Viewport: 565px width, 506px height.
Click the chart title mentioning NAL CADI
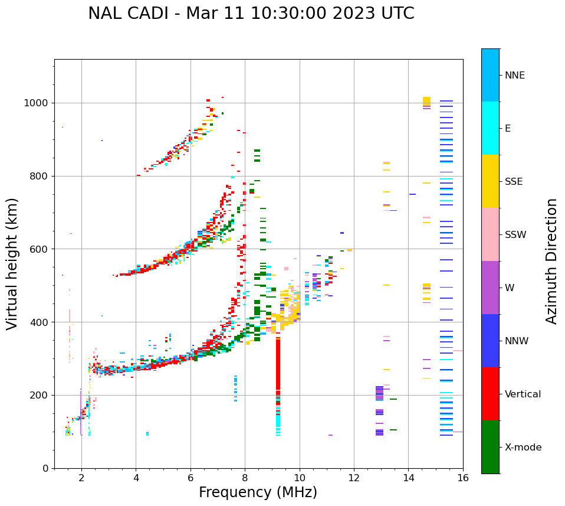[251, 14]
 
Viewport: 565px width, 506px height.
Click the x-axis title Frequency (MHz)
[258, 492]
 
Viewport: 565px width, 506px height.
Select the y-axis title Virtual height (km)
[12, 263]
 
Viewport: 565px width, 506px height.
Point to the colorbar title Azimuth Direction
[551, 261]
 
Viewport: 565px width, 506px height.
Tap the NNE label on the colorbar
[514, 76]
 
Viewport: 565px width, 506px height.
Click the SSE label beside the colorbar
[513, 182]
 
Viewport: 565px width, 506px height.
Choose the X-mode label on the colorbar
[523, 448]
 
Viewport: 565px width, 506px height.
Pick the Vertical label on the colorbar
[523, 394]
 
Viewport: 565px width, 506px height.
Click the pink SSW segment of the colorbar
[490, 234]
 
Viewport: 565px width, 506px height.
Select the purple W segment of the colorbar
[490, 288]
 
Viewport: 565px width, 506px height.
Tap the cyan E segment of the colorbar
[490, 128]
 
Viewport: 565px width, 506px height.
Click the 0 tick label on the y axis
[45, 468]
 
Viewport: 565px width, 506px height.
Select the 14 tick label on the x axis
[408, 478]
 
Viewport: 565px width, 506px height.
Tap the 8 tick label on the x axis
[245, 478]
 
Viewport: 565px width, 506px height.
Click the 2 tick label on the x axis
[81, 478]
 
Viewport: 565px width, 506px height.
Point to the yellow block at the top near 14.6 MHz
[426, 101]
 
